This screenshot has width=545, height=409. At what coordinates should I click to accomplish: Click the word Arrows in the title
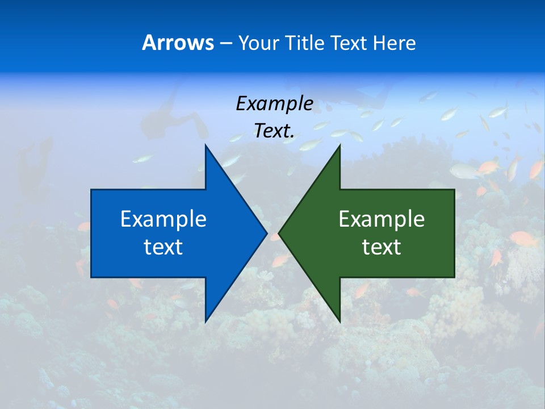coord(178,43)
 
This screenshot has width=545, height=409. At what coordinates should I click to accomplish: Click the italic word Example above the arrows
coord(274,103)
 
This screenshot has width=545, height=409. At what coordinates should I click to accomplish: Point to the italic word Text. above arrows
coord(274,131)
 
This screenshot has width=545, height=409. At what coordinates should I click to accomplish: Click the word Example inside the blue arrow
coord(163,219)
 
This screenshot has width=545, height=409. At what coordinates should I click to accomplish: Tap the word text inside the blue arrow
coord(163,247)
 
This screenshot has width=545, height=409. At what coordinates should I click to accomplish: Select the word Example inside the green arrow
coord(381,219)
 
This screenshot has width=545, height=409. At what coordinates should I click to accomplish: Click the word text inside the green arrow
coord(381,247)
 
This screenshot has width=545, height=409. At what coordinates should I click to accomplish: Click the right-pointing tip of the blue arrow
coord(266,233)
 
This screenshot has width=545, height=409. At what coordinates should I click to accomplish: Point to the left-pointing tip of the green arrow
coord(280,233)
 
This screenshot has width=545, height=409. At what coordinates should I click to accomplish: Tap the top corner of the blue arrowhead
coord(206,147)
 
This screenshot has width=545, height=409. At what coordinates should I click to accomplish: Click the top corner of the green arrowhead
coord(339,147)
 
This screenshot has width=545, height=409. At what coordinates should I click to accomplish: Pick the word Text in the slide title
coord(349,43)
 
